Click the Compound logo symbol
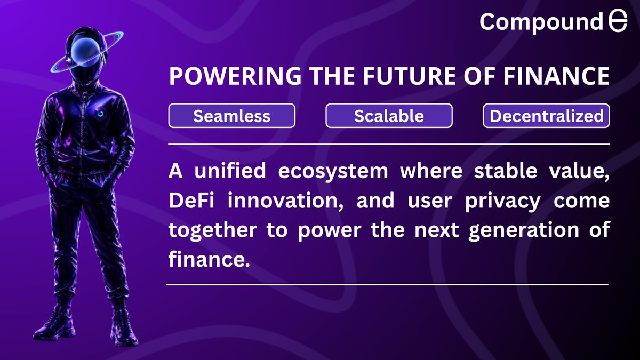(x=618, y=21)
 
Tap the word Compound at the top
(x=541, y=22)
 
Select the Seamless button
(x=231, y=116)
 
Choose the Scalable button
(x=389, y=116)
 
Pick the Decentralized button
(x=546, y=116)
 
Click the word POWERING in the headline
(x=235, y=76)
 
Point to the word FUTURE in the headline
(x=410, y=76)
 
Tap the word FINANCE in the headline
(x=556, y=76)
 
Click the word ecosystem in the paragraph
(x=333, y=171)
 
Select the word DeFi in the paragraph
(x=191, y=201)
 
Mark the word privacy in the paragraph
(x=503, y=202)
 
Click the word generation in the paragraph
(x=524, y=231)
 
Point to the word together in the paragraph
(x=213, y=231)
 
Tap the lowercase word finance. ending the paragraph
(x=209, y=259)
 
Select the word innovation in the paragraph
(x=285, y=201)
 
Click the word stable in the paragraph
(x=506, y=171)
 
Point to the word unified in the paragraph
(x=230, y=171)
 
